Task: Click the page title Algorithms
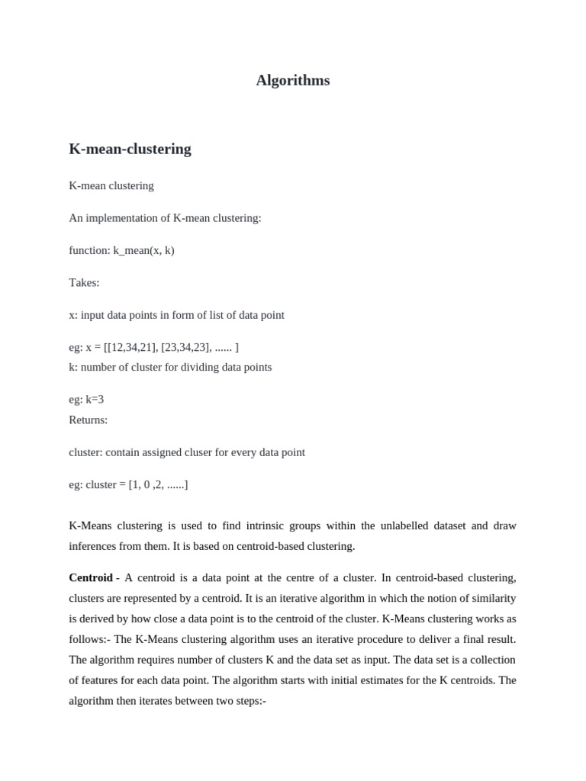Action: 293,80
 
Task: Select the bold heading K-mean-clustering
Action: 130,149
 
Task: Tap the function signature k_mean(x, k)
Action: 143,250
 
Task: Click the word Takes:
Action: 84,283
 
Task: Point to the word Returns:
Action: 88,419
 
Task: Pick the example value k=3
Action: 95,400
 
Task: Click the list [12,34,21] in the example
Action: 131,348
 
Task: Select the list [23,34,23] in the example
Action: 186,348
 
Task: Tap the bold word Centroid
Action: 91,578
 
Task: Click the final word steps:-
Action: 248,701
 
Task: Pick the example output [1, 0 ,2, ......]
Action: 158,485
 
